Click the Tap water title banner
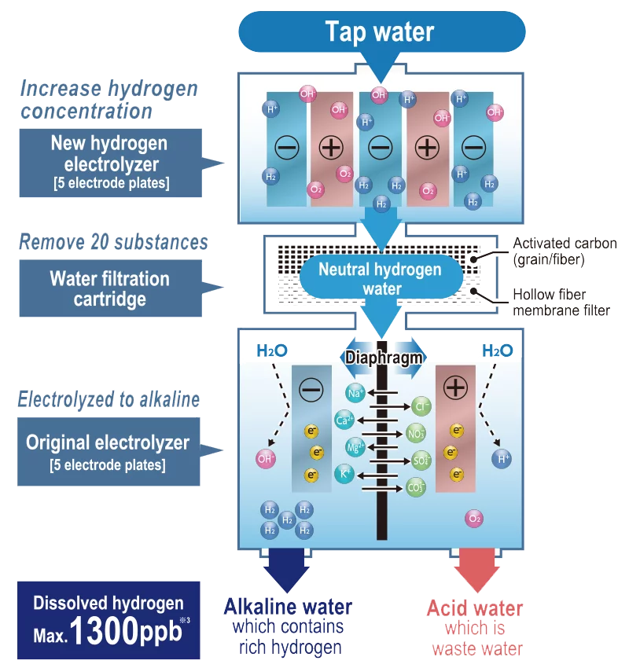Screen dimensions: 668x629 point(381,31)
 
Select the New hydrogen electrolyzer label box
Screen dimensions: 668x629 point(109,163)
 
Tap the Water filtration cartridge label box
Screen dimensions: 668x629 point(109,288)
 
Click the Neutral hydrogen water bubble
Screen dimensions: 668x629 point(380,278)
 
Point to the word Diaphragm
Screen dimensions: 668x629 point(384,358)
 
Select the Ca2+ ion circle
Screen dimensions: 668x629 point(344,420)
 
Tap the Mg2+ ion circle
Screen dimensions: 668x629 point(355,447)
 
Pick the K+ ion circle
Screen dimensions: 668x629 point(344,474)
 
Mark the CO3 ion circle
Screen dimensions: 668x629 point(417,487)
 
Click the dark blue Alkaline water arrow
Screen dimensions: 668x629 point(287,567)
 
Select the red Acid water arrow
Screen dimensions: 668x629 point(475,567)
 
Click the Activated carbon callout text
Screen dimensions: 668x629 point(564,251)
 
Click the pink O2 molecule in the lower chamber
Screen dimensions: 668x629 point(473,518)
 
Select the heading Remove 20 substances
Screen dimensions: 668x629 point(114,241)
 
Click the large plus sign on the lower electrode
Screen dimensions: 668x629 point(455,388)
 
